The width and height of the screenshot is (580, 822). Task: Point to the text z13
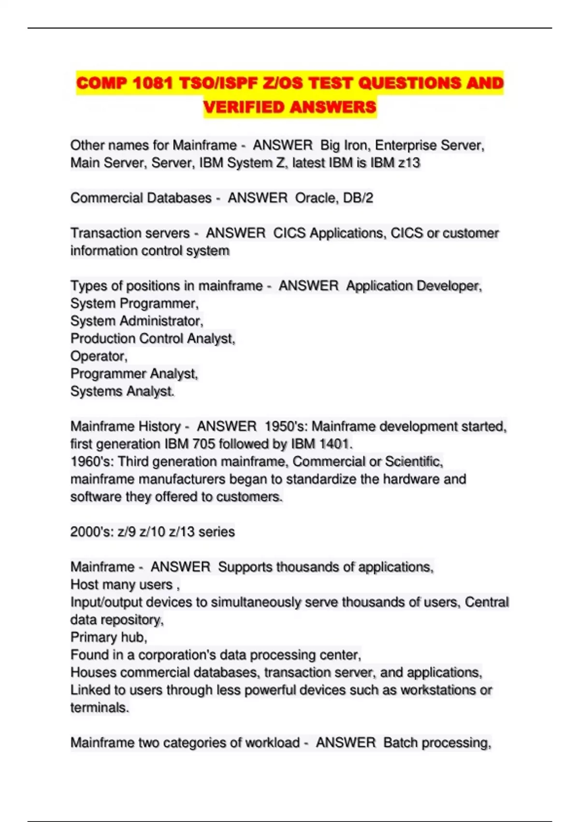tap(409, 162)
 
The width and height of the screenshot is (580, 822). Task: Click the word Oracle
tap(316, 198)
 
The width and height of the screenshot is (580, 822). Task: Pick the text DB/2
tap(357, 198)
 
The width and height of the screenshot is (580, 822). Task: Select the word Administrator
tap(161, 321)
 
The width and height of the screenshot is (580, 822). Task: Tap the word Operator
tap(99, 356)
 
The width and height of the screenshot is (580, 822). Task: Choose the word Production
tap(103, 338)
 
